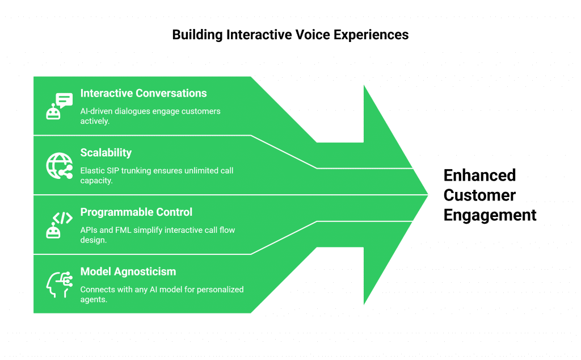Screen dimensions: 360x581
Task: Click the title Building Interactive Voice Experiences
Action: coord(290,35)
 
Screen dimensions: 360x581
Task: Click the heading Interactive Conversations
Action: coord(143,94)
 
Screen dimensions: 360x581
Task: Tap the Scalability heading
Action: coord(106,153)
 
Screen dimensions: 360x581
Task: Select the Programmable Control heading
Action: coord(136,212)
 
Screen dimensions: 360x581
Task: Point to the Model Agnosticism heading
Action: coord(128,272)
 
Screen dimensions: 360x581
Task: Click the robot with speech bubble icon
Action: coord(59,106)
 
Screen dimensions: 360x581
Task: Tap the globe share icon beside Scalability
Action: coord(59,166)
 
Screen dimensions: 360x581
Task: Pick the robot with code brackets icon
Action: coord(59,225)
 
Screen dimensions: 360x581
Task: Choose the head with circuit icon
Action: coord(59,284)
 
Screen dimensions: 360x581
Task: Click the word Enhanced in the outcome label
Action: coord(479,175)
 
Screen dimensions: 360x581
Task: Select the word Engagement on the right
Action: coord(490,216)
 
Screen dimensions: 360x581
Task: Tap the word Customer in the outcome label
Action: coord(479,195)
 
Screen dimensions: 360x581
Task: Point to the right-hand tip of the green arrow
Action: coord(428,195)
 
